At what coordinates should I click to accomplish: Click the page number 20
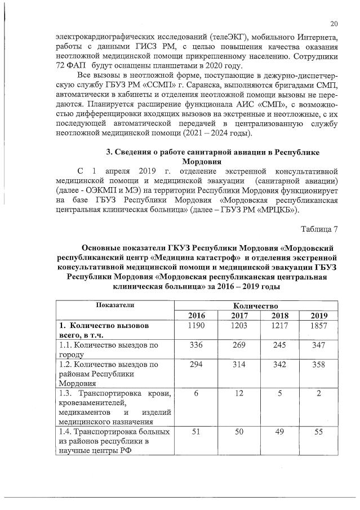[x=334, y=23]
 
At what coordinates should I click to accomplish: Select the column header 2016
[x=197, y=315]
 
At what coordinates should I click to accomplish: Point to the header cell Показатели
[x=115, y=304]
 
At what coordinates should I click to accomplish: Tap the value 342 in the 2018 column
[x=278, y=365]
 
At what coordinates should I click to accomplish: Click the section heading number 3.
[x=109, y=153]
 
